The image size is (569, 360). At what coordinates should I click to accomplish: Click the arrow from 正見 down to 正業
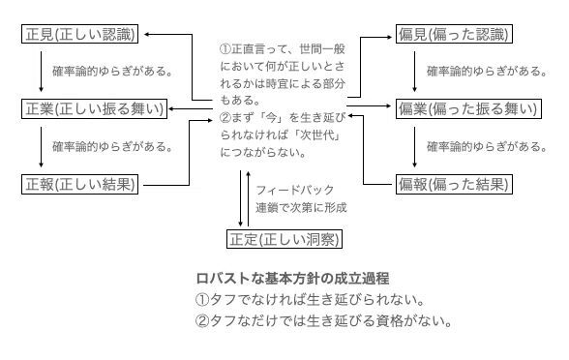tap(41, 72)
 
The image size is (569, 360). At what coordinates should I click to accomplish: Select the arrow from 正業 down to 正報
tap(41, 147)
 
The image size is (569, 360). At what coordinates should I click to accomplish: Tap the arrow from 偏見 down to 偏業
tap(415, 72)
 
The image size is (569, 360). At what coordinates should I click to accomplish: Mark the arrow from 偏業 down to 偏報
tap(415, 147)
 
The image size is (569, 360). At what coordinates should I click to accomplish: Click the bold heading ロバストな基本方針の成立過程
tap(292, 279)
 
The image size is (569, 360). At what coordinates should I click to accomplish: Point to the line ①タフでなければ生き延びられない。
tap(311, 300)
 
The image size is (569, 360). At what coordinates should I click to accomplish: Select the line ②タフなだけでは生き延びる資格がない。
tap(323, 321)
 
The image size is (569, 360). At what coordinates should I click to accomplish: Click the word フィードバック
tap(294, 190)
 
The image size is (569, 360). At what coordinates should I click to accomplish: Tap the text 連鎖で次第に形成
tap(301, 207)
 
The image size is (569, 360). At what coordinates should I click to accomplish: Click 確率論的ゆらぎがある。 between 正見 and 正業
tap(112, 72)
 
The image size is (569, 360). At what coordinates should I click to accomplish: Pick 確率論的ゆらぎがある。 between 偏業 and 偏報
tap(487, 147)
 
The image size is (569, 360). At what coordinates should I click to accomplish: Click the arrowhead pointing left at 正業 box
tap(171, 108)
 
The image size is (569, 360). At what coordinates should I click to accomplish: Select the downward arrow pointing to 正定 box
tap(240, 198)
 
